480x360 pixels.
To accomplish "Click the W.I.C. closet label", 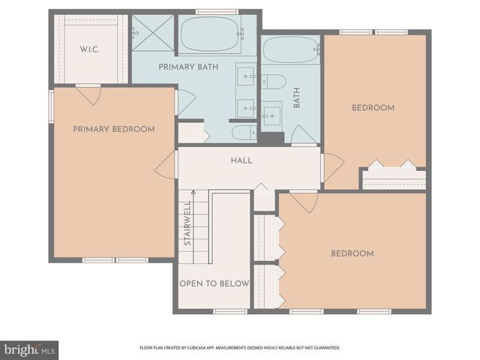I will tap(91, 49).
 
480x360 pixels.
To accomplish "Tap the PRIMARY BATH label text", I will tap(188, 67).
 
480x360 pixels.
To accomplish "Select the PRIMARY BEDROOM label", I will tap(114, 129).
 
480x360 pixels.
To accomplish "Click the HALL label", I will tap(241, 160).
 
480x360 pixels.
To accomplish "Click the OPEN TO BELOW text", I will tap(214, 283).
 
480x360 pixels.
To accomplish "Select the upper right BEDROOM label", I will tap(373, 108).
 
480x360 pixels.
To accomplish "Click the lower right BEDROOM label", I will tap(352, 253).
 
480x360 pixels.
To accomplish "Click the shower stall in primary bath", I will tap(153, 33).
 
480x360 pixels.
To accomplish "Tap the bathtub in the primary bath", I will tap(210, 34).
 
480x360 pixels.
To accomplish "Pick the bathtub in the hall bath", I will tap(291, 51).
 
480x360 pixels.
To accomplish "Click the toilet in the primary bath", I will tap(241, 133).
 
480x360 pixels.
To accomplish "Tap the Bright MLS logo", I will tap(29, 349).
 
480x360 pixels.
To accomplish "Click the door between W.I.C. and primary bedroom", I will tap(87, 94).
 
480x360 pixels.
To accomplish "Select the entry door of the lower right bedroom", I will tap(303, 201).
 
